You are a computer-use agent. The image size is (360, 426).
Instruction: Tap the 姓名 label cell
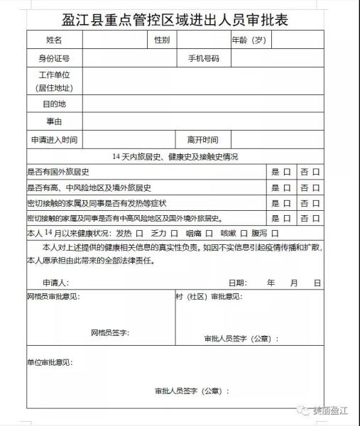(54, 40)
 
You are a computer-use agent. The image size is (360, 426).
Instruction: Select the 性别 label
(161, 40)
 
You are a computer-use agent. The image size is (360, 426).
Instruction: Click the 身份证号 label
(54, 58)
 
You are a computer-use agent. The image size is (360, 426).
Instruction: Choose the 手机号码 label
(204, 58)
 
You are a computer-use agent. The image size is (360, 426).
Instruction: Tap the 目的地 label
(54, 104)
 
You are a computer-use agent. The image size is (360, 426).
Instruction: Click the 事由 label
(54, 122)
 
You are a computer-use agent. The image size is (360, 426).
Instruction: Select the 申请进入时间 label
(54, 140)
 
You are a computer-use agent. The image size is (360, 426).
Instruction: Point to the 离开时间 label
(202, 140)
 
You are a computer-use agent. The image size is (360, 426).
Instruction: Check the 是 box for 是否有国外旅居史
(287, 173)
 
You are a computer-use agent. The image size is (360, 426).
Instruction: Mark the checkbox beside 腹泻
(274, 233)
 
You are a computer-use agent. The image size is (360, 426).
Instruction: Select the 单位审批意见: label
(50, 363)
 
